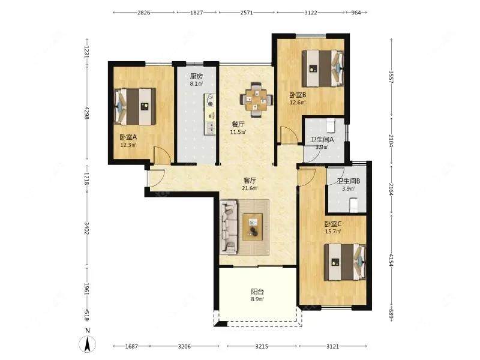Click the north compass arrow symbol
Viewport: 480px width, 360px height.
88,343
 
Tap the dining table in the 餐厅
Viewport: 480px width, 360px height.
257,100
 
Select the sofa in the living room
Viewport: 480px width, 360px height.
229,227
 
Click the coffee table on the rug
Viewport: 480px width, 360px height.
253,227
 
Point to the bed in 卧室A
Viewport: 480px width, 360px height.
134,107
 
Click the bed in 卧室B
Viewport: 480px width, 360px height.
323,68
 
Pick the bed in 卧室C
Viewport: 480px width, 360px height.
346,262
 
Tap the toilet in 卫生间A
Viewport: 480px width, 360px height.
331,125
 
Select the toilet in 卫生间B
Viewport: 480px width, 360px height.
354,205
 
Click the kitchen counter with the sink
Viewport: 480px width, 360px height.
210,114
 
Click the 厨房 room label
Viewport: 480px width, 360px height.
196,76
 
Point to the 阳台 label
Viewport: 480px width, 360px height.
257,292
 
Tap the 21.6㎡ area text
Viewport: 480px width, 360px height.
250,188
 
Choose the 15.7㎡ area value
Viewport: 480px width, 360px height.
333,232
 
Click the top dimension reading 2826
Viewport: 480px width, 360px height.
144,13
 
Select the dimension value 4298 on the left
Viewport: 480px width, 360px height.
86,113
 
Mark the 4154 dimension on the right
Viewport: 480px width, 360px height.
391,260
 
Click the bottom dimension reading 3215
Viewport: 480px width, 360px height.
262,347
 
